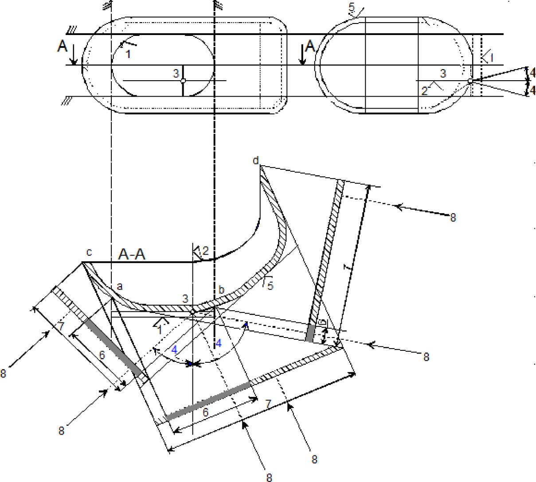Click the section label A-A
(x=132, y=254)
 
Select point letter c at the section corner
(x=89, y=252)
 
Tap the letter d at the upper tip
(x=255, y=160)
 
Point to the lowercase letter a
(x=119, y=287)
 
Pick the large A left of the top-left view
(x=62, y=47)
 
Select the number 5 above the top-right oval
(x=352, y=8)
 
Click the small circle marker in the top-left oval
(x=183, y=81)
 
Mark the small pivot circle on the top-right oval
(x=470, y=81)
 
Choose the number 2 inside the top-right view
(x=424, y=91)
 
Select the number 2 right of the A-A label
(x=204, y=252)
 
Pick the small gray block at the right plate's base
(x=311, y=333)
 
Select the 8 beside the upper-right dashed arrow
(x=453, y=218)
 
